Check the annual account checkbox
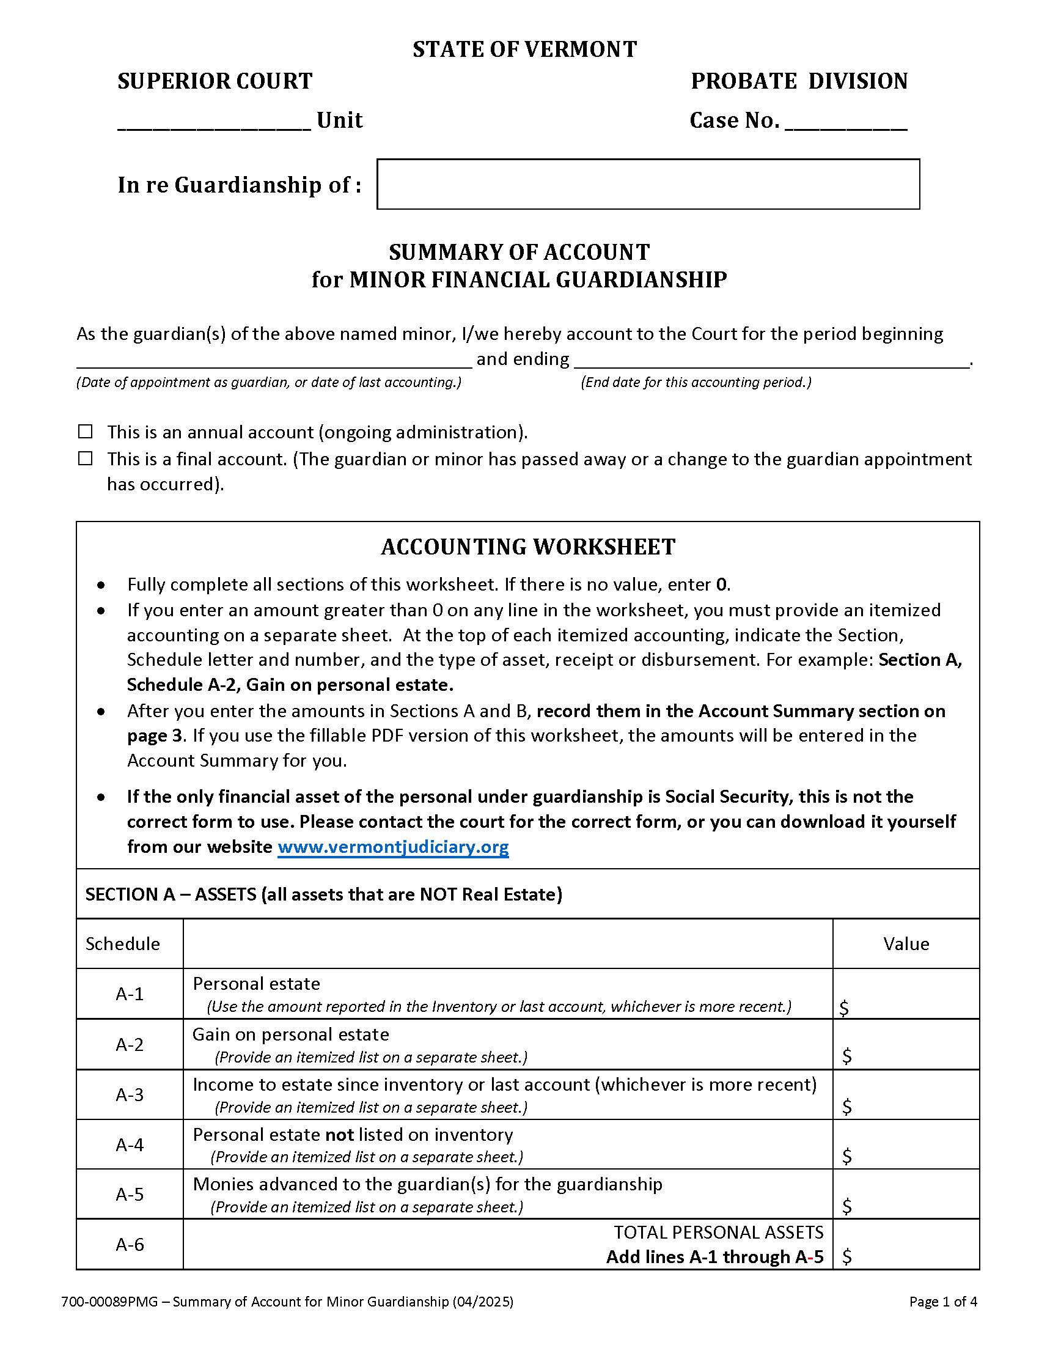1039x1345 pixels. click(86, 432)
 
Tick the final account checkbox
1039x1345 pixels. click(86, 458)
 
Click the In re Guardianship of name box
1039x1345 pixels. click(647, 184)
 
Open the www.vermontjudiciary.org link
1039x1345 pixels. click(393, 847)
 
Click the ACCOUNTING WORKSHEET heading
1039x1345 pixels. click(527, 547)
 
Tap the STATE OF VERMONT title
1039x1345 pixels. click(524, 50)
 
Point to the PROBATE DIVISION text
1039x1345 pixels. click(798, 81)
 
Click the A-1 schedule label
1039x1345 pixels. click(130, 993)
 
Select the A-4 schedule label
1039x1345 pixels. click(130, 1144)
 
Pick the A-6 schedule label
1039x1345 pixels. click(130, 1244)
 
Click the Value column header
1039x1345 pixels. click(905, 943)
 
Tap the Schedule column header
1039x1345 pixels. click(122, 943)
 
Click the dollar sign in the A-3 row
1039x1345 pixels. click(847, 1107)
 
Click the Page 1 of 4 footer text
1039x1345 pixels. click(943, 1301)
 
